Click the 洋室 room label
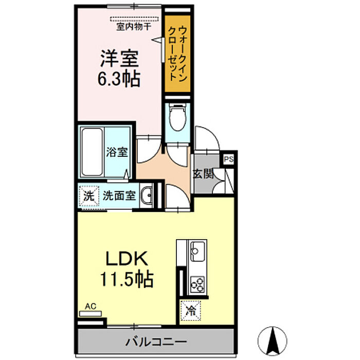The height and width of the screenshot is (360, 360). pos(119,58)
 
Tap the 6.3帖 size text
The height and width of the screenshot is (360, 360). pos(119,79)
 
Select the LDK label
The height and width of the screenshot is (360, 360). pos(127,259)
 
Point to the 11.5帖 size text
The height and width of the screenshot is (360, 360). pos(127,279)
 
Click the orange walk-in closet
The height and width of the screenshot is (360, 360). pos(177,53)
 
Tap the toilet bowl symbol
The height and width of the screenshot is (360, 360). pos(177,117)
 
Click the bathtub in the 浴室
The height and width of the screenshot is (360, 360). pos(92,152)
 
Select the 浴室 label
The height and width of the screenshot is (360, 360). pos(117,152)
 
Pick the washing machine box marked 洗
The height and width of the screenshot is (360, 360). pos(89,196)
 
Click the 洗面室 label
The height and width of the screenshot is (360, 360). pos(119,195)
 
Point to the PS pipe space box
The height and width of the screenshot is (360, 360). pos(228,159)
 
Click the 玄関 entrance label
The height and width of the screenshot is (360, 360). pos(203,174)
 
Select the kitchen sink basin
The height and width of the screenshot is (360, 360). pos(197,251)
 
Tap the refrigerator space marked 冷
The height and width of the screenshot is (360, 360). pos(191,311)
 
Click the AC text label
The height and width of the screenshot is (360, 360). pos(91,307)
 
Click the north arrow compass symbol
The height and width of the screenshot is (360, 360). pos(273,340)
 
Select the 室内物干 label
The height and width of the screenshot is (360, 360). pos(134,27)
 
